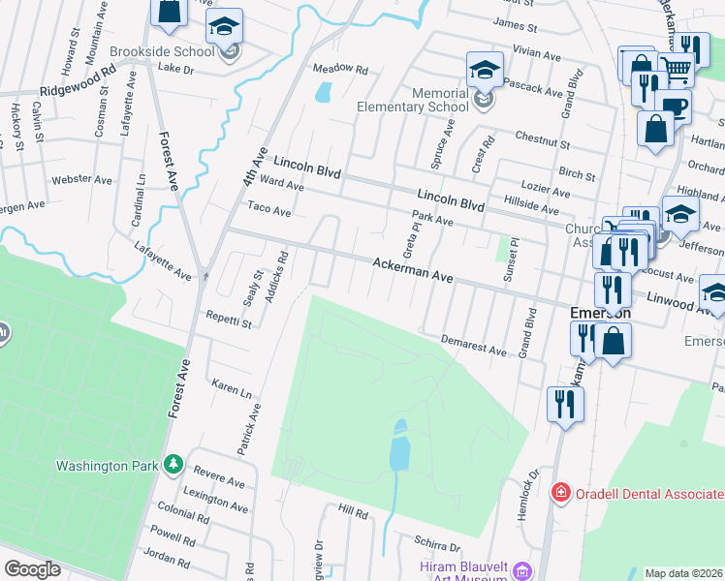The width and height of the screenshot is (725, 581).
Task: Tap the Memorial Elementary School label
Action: pyautogui.click(x=413, y=100)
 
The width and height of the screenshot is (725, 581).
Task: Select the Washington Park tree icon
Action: pyautogui.click(x=173, y=465)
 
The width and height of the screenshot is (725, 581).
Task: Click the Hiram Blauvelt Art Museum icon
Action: pyautogui.click(x=522, y=569)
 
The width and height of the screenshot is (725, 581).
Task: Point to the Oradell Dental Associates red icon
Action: pyautogui.click(x=560, y=492)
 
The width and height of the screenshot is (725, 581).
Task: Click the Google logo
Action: pyautogui.click(x=32, y=569)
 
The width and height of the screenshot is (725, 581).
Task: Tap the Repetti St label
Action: pyautogui.click(x=229, y=319)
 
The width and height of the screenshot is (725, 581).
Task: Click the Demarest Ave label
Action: pyautogui.click(x=473, y=344)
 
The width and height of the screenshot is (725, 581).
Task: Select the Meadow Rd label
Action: pyautogui.click(x=340, y=70)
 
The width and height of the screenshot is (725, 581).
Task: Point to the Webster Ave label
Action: pyautogui.click(x=82, y=179)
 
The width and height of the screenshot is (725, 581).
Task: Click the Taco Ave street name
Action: pyautogui.click(x=269, y=209)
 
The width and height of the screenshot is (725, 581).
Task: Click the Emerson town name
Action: pyautogui.click(x=600, y=314)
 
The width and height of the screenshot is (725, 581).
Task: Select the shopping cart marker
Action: pyautogui.click(x=677, y=67)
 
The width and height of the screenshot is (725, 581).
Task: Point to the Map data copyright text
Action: pyautogui.click(x=683, y=573)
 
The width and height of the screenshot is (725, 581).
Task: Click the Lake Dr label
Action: pyautogui.click(x=176, y=69)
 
